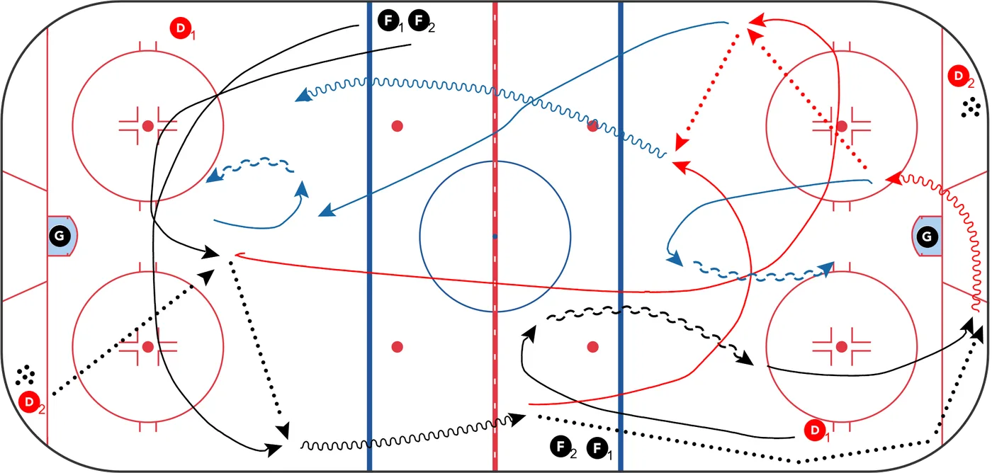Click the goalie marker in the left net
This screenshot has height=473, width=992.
60,236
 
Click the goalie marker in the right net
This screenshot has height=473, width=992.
927,236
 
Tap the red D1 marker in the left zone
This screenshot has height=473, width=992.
181,28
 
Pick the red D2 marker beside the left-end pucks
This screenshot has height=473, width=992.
29,401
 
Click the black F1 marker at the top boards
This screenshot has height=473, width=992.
389,21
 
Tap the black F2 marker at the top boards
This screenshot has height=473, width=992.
419,21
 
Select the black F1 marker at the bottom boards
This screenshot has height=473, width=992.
597,448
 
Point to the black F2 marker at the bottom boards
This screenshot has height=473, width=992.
560,447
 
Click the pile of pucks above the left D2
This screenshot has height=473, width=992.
26,375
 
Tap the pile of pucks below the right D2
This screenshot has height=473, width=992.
971,107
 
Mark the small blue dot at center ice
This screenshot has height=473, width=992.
495,236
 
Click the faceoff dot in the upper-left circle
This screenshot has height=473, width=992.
148,126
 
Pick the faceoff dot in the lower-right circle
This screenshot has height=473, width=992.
842,346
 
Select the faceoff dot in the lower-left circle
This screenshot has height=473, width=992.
148,346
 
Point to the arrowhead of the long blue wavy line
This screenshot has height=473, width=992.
303,96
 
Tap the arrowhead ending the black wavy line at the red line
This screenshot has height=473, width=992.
517,418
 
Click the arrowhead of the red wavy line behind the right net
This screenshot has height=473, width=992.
894,178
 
